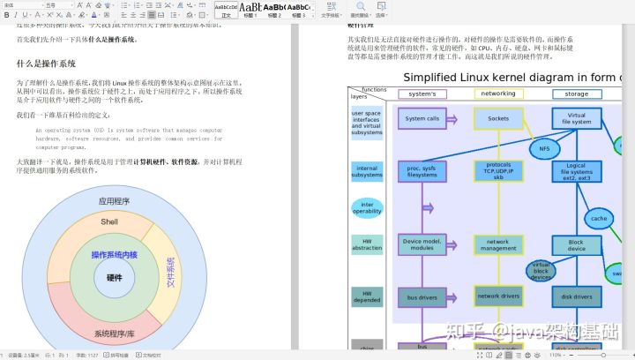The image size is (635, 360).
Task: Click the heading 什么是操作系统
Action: (46, 64)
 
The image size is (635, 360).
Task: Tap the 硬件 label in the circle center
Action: (115, 277)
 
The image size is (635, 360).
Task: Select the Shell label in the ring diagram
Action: (109, 222)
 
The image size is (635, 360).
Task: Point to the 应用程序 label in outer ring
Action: (114, 201)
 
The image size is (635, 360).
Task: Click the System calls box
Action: (422, 118)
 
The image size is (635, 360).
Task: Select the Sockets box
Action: (498, 118)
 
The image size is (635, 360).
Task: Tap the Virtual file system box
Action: (577, 118)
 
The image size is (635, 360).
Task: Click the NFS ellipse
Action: (544, 148)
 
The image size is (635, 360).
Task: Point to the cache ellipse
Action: (600, 218)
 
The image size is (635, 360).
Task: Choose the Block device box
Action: (576, 245)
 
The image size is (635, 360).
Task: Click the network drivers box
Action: (498, 296)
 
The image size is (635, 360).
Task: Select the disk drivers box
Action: (576, 296)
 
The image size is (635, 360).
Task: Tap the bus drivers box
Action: (422, 297)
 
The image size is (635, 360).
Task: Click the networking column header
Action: (498, 94)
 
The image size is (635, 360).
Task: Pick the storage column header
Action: (576, 94)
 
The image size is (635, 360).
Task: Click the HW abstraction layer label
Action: (367, 244)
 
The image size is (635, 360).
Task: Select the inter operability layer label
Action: (367, 207)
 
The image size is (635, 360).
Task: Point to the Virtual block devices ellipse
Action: (541, 271)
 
